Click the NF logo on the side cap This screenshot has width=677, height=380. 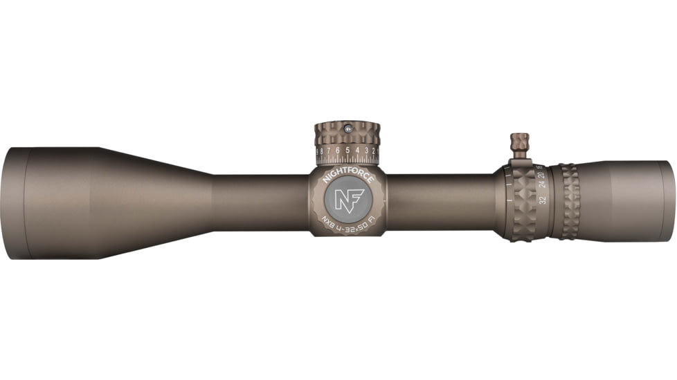347,200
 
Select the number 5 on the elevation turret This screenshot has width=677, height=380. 347,151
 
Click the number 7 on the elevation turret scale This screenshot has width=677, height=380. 328,151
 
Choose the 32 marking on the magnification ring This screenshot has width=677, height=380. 543,200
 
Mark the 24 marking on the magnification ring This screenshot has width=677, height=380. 543,185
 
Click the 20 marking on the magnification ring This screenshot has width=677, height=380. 541,174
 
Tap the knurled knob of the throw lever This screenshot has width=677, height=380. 520,143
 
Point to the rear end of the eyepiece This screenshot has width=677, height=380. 667,201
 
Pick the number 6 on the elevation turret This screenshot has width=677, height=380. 337,151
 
